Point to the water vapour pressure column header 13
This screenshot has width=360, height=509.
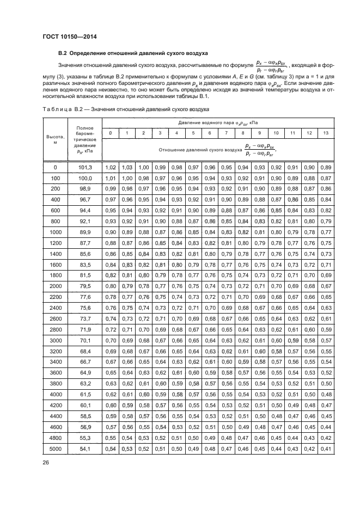point(326,133)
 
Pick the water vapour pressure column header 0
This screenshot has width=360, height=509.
point(111,133)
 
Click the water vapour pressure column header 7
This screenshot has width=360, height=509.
point(227,133)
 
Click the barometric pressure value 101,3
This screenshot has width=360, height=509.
point(84,167)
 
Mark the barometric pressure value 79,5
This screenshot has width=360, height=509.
point(84,286)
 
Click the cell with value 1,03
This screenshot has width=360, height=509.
point(127,167)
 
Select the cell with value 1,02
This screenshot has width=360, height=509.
point(111,167)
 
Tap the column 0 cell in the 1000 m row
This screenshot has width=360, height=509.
point(111,232)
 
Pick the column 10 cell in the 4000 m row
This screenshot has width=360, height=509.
point(276,394)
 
